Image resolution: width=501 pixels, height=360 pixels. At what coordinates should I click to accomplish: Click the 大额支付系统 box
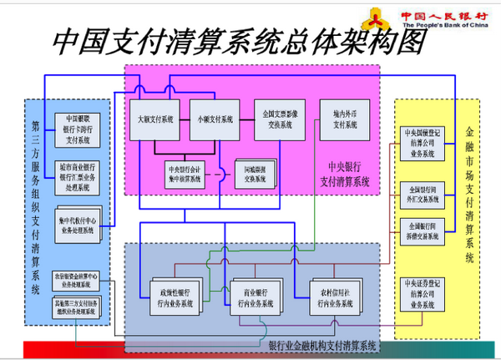tap(154, 119)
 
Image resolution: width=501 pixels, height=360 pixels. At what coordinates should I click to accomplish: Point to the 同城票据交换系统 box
tap(250, 174)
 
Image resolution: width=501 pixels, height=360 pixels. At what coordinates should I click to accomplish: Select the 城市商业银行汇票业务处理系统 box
tap(77, 171)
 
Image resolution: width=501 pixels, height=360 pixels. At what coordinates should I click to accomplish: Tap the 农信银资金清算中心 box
tap(77, 276)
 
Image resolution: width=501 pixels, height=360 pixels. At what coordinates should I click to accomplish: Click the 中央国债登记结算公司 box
tap(422, 143)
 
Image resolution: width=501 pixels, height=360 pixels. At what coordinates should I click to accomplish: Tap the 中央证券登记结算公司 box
tap(422, 289)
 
